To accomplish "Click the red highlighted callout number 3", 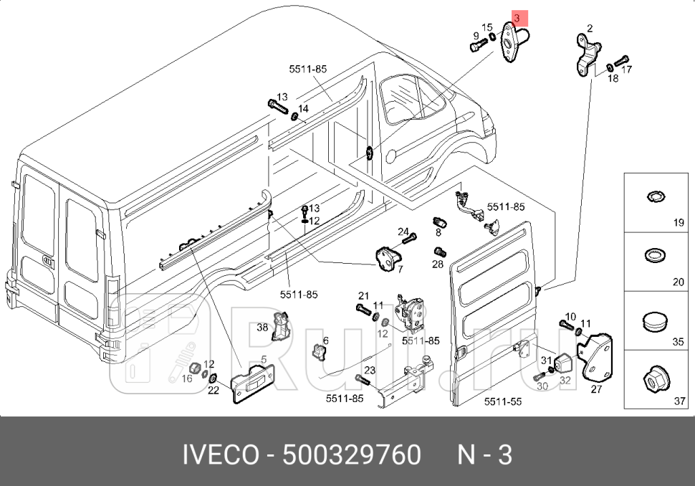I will point(517,16).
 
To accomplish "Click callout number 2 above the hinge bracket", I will point(589,29).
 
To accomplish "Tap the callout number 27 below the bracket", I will point(596,391).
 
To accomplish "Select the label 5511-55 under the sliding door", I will point(503,402).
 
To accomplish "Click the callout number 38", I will point(262,327).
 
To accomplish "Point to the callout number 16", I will point(187,378).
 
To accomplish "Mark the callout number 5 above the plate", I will point(263,360).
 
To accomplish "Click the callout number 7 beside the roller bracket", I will point(400,270).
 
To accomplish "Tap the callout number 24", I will point(403,232).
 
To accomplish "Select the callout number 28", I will point(437,265).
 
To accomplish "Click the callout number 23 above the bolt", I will point(369,370).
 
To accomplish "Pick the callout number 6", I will point(325,340).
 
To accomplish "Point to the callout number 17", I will point(626,70).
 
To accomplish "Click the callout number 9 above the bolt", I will point(475,36).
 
